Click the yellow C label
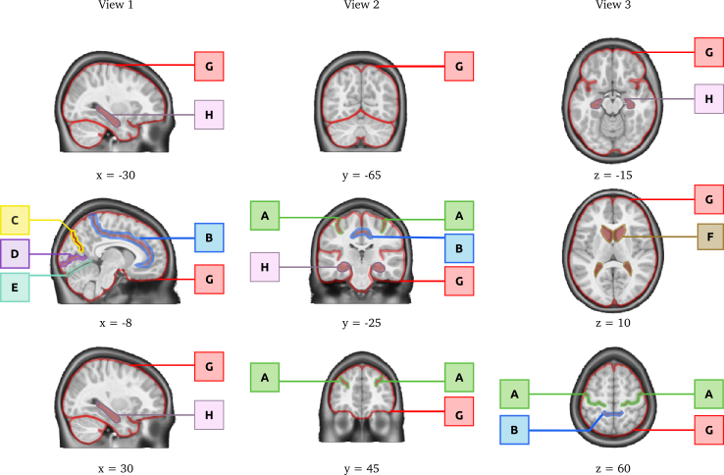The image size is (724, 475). click(15, 220)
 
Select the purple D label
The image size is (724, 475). click(15, 254)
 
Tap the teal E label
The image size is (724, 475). click(15, 288)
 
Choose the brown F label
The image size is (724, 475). click(709, 237)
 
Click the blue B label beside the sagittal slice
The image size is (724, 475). click(209, 237)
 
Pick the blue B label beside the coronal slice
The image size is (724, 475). click(458, 248)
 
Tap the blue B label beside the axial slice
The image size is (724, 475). click(514, 430)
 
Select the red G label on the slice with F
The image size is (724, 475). click(708, 199)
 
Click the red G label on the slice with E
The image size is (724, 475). click(209, 279)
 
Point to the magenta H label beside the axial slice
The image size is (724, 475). click(708, 98)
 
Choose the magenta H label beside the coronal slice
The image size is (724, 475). click(264, 267)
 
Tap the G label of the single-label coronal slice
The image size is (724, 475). click(458, 67)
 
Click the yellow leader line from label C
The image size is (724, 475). click(61, 225)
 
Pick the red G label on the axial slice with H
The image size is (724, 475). click(708, 52)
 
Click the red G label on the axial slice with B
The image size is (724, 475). click(708, 430)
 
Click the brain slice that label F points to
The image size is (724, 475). click(612, 251)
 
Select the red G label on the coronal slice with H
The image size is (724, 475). click(458, 281)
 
